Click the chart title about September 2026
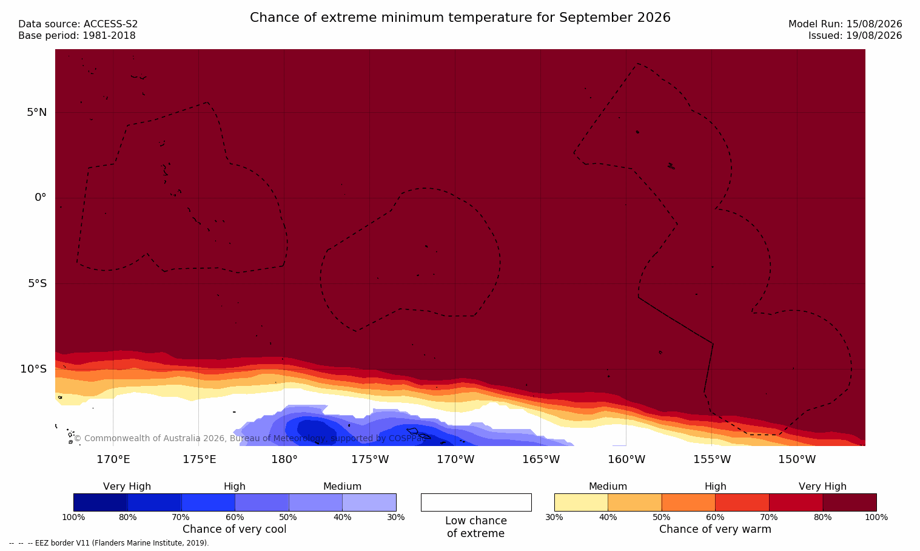click(460, 18)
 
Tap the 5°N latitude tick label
click(36, 112)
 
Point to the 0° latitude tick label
click(40, 198)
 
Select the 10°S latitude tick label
click(33, 369)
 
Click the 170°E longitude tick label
click(113, 459)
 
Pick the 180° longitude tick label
click(284, 459)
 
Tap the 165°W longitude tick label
click(541, 459)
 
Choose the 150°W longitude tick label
click(797, 459)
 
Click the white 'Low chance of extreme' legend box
click(476, 502)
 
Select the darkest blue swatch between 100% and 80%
click(101, 502)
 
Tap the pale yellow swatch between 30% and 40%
click(581, 502)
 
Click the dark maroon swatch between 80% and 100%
click(850, 502)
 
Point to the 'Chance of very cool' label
click(235, 529)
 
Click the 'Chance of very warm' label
click(715, 529)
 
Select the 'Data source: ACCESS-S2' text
click(78, 24)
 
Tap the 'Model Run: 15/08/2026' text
click(845, 24)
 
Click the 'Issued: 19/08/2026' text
click(855, 36)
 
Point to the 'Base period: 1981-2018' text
click(77, 36)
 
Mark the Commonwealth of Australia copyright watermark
click(250, 438)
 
